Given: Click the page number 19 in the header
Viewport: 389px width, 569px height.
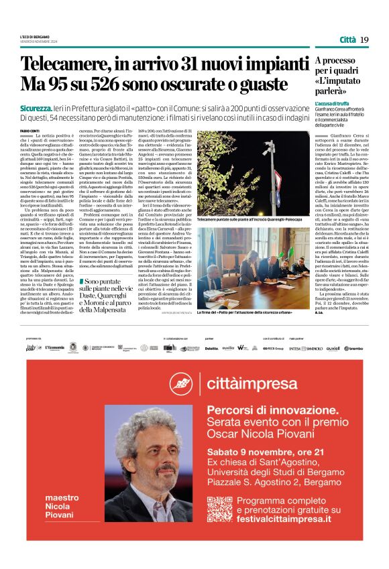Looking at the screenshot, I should pyautogui.click(x=364, y=40).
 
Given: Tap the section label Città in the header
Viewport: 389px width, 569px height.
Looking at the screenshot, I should pyautogui.click(x=347, y=40).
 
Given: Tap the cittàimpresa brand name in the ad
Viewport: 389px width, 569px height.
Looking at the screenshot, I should pyautogui.click(x=249, y=382).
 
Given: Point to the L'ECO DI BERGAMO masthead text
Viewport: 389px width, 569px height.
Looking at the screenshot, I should pyautogui.click(x=36, y=36).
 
